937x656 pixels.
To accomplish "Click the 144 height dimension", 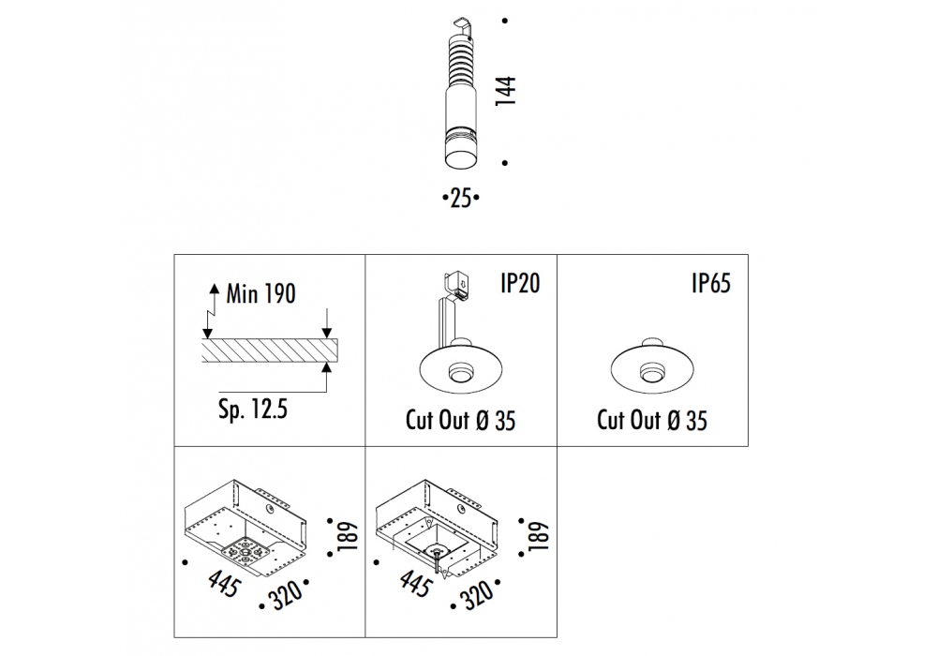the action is click(x=506, y=91).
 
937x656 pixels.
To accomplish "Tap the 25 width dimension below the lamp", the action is click(x=461, y=198).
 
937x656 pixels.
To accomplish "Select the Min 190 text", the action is click(x=260, y=293).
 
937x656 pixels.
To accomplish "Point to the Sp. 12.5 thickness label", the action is click(x=253, y=410).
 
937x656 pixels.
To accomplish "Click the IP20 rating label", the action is click(x=520, y=283).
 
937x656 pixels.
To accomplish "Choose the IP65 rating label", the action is click(x=711, y=283).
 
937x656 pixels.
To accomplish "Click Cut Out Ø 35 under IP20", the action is click(x=460, y=420).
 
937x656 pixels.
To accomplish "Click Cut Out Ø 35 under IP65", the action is click(x=652, y=420).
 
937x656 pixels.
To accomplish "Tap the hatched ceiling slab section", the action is click(x=270, y=350).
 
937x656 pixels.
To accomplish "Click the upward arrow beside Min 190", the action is click(x=214, y=297).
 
